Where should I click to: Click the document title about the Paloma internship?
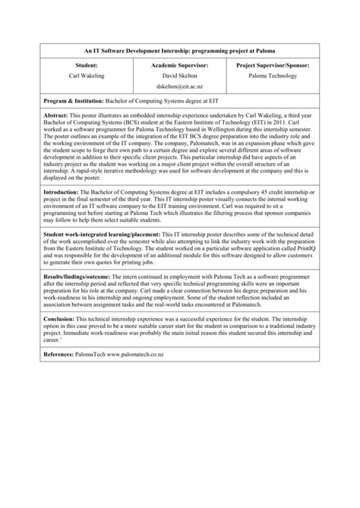(x=180, y=50)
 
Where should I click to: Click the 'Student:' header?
(x=86, y=66)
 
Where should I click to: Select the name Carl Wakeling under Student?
(x=86, y=77)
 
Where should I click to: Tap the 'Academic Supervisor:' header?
(x=179, y=66)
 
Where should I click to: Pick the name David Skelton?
(x=179, y=77)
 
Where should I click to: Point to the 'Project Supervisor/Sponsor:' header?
(x=273, y=66)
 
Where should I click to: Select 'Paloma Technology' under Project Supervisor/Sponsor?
(x=273, y=77)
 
